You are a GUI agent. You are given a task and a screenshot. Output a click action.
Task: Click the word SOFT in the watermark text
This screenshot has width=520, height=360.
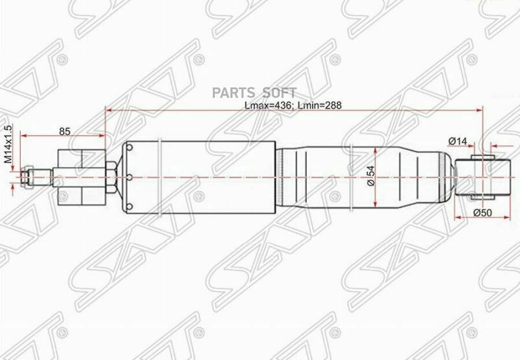click(x=280, y=92)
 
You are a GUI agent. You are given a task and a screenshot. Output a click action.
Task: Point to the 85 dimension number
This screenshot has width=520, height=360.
click(x=65, y=131)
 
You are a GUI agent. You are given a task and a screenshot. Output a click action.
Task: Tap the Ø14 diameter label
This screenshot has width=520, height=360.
click(x=458, y=140)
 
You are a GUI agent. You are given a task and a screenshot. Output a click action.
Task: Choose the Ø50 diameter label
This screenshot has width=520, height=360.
click(x=482, y=212)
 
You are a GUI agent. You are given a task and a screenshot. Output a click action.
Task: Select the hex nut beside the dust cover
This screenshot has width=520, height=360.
click(x=113, y=176)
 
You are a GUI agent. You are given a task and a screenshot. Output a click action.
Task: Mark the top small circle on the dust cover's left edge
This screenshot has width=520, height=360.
click(x=129, y=150)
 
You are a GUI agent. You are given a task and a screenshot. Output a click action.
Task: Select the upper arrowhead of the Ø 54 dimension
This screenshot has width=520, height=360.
click(x=376, y=150)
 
